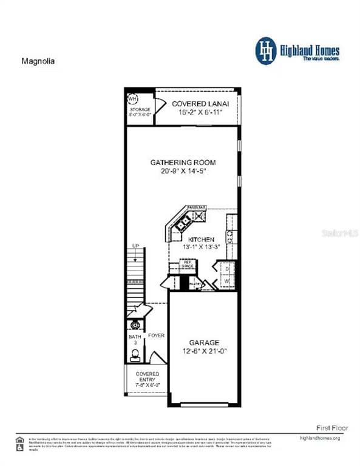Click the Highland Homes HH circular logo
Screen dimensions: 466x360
pos(265,51)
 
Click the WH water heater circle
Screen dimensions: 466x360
pos(132,98)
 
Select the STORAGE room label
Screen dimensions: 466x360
pos(140,110)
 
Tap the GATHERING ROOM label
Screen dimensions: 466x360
pos(183,163)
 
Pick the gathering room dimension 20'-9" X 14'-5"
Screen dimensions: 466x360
pos(183,172)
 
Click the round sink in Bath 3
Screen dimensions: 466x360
pos(135,325)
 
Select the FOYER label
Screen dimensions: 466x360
pos(157,336)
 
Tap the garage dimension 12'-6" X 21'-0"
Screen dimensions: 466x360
pos(204,351)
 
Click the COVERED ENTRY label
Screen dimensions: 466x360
pos(148,377)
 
